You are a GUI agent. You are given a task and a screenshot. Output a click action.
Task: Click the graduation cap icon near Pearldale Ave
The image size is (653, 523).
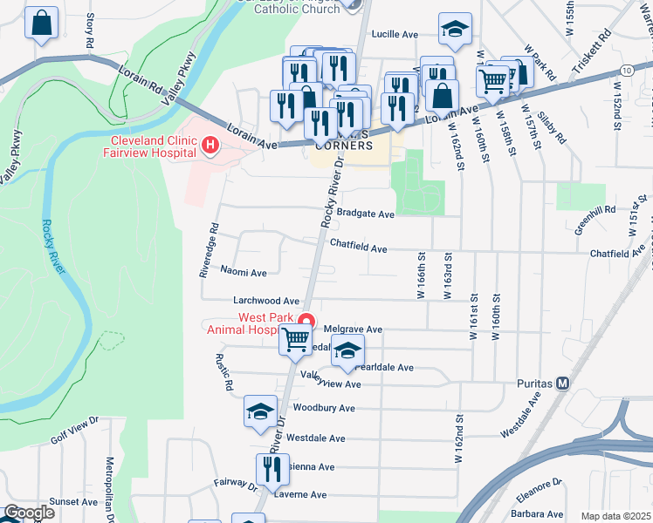tap(347, 350)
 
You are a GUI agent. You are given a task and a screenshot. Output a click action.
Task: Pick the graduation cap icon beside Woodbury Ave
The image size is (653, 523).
tap(260, 411)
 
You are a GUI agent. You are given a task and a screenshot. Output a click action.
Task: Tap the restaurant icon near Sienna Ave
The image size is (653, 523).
tap(272, 470)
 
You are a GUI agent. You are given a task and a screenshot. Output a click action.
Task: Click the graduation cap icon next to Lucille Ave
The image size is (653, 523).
tap(454, 30)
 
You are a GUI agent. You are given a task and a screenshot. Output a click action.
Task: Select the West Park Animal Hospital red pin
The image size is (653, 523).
tap(306, 320)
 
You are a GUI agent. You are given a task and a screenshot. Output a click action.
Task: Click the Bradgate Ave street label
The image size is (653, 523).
tap(366, 214)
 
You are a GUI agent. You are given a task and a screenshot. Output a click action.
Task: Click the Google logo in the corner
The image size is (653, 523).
tap(28, 513)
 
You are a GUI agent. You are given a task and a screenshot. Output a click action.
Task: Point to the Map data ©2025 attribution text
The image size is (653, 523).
tap(615, 516)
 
